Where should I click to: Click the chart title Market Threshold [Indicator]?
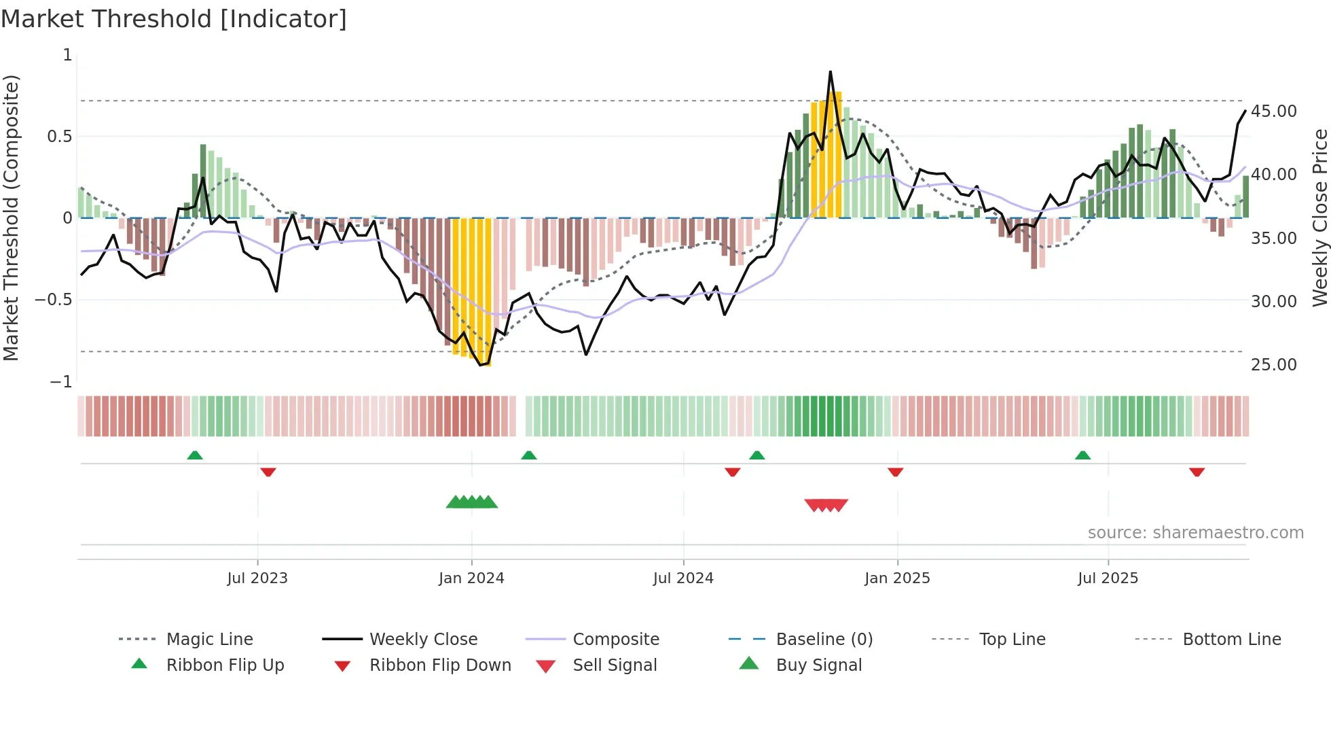(x=174, y=19)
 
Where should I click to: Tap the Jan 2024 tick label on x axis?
(x=471, y=578)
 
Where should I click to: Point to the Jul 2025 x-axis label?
(x=1108, y=578)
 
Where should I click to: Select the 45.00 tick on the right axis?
(x=1273, y=111)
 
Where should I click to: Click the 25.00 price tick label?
(x=1273, y=365)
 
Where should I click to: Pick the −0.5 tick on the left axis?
(x=54, y=300)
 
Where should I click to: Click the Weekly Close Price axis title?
(x=1319, y=217)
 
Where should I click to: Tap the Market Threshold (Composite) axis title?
(x=11, y=217)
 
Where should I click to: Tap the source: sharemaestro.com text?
(x=1195, y=533)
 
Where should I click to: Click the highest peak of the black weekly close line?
(x=830, y=72)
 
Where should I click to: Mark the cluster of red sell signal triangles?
(x=826, y=505)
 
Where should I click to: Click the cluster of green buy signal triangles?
(x=472, y=502)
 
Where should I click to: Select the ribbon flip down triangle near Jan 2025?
(x=895, y=472)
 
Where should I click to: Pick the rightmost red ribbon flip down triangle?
(x=1197, y=472)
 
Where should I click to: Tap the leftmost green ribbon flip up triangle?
(x=195, y=455)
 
